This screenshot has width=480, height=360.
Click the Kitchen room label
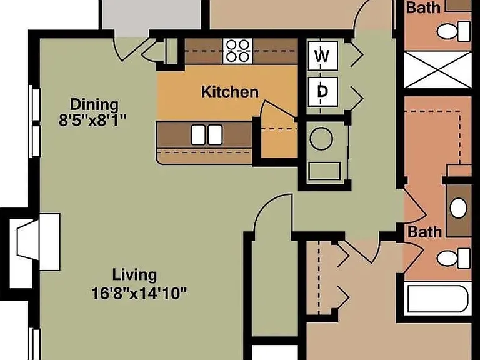[230, 92]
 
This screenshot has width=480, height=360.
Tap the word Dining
[94, 105]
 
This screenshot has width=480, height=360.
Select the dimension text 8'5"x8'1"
[92, 120]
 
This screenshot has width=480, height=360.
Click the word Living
[135, 275]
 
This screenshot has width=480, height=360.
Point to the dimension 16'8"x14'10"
[139, 294]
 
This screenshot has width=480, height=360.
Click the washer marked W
[323, 56]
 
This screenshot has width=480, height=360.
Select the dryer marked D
[323, 91]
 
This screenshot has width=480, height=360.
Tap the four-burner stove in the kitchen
[237, 51]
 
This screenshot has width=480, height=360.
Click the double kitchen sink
[207, 135]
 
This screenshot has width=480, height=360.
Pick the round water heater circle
[321, 138]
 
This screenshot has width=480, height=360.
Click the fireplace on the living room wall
[34, 242]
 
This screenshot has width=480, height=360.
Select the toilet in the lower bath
[454, 259]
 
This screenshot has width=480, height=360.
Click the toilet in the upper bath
[454, 31]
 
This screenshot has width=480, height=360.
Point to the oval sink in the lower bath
[459, 208]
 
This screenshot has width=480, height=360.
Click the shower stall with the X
[437, 70]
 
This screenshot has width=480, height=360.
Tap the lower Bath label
[424, 232]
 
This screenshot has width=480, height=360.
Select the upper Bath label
[423, 7]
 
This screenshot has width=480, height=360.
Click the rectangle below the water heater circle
[324, 171]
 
